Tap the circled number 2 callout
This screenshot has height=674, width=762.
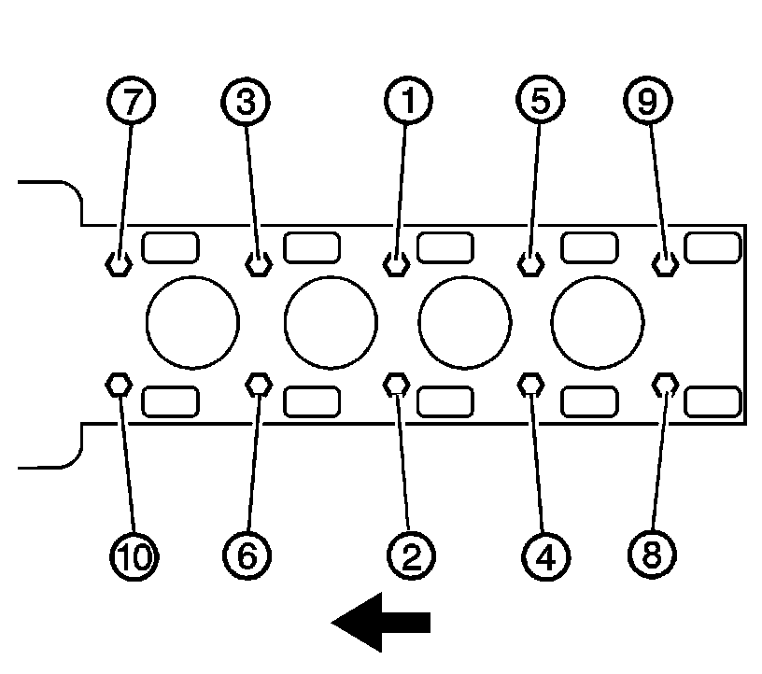(x=409, y=556)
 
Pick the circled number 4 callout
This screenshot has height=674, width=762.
(x=545, y=556)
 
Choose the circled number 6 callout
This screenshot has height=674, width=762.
(x=246, y=556)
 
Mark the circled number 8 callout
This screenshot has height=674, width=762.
(x=650, y=556)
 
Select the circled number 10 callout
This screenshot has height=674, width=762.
(x=134, y=556)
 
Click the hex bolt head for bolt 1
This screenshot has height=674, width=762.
(x=397, y=264)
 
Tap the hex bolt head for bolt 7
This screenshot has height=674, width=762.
(x=118, y=264)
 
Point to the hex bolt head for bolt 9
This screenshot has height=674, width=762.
(x=666, y=264)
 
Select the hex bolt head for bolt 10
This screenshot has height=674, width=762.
(x=118, y=384)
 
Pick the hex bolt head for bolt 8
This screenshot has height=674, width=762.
(x=666, y=384)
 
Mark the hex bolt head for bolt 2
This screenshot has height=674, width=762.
(x=397, y=384)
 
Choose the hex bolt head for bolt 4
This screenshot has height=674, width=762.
(x=531, y=384)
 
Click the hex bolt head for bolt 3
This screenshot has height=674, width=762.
(x=259, y=264)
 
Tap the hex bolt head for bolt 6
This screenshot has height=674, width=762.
(x=259, y=384)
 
